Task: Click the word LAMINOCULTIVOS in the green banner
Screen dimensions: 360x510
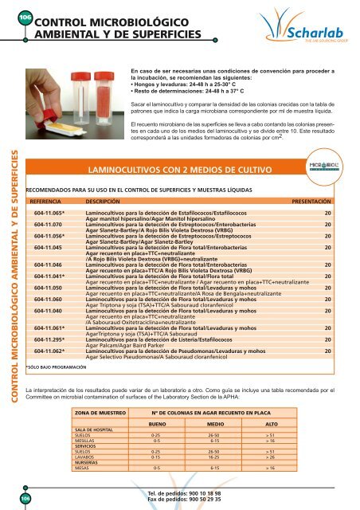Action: (125, 170)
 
